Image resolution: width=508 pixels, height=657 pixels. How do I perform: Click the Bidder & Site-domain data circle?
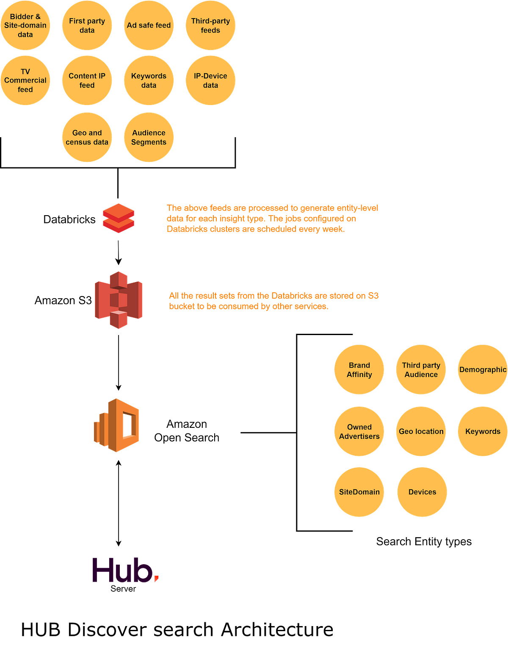[x=25, y=25]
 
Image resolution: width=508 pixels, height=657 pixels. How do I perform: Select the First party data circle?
[x=87, y=25]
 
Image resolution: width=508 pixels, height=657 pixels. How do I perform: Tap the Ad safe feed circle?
[x=149, y=25]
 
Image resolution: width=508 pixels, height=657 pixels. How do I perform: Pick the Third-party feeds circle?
[x=210, y=25]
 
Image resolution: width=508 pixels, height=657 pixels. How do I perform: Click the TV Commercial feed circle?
[x=25, y=80]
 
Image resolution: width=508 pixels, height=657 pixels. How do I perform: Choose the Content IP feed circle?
[x=87, y=80]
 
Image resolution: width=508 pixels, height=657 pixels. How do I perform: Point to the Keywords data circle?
[x=149, y=80]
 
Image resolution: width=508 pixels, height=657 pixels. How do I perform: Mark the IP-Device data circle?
[x=210, y=80]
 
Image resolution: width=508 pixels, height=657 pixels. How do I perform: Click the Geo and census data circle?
[x=87, y=137]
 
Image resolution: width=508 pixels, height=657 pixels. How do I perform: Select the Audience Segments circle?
[x=149, y=137]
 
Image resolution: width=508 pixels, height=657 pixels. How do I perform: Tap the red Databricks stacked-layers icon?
[x=118, y=218]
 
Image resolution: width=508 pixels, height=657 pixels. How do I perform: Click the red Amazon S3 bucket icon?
[x=119, y=300]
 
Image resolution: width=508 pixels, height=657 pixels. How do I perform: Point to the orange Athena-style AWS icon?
[x=117, y=425]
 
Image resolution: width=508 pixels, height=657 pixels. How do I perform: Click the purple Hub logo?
[x=125, y=570]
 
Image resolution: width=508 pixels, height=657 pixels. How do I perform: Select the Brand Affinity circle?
[x=359, y=370]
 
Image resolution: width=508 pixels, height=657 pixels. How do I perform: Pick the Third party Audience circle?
[x=421, y=370]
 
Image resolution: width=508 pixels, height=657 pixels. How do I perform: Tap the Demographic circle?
[x=482, y=370]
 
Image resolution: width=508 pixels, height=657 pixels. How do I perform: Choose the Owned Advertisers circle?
[x=359, y=431]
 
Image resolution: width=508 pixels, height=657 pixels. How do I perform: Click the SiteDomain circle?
[x=359, y=492]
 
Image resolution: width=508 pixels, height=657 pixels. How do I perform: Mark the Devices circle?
[x=422, y=492]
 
